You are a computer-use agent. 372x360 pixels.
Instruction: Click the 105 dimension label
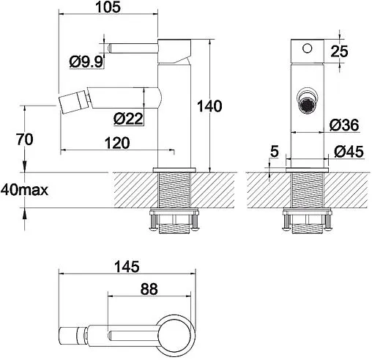[108, 7]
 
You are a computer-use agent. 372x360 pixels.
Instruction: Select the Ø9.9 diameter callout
[86, 62]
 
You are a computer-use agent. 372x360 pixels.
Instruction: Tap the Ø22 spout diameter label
[128, 119]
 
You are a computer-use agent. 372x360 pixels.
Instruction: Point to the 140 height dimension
[209, 106]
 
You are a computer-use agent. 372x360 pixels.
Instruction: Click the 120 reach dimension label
[117, 143]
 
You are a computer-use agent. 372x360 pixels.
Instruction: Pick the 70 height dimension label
[24, 139]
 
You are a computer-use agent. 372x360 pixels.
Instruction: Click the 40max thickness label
[24, 190]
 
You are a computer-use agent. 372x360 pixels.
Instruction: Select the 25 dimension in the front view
[339, 51]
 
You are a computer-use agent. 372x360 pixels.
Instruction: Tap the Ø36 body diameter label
[344, 125]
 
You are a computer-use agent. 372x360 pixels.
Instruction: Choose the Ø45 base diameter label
[349, 152]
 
